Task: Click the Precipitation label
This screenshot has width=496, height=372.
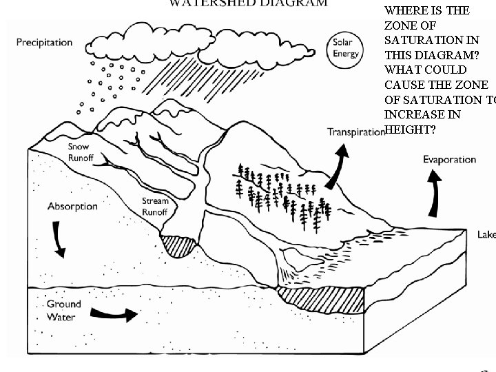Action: coord(45,42)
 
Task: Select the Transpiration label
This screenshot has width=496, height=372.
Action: coord(355,132)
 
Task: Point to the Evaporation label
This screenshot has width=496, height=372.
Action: coord(449,159)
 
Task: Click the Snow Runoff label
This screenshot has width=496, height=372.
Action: coord(83,152)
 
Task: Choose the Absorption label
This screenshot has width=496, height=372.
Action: coord(72,206)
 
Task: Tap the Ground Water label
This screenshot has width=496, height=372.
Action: coord(63,311)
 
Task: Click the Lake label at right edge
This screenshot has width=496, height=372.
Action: coord(486,235)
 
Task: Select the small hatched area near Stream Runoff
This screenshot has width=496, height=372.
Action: coord(178,244)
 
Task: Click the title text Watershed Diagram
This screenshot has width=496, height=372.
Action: coord(249,3)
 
